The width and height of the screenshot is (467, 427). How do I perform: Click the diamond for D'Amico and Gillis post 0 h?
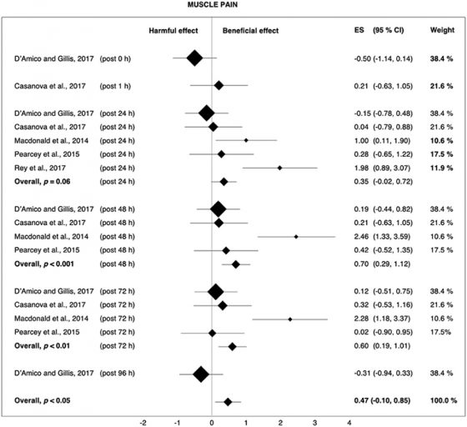pos(194,58)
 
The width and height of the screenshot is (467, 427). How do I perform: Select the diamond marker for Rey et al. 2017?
pos(279,168)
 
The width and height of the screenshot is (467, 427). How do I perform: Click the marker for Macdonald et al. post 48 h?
pos(296,237)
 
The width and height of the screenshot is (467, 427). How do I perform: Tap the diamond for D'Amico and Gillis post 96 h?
pos(201,375)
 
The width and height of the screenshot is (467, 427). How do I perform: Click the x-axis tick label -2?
pos(143,421)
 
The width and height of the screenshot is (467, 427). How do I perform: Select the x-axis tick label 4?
pos(349,421)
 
